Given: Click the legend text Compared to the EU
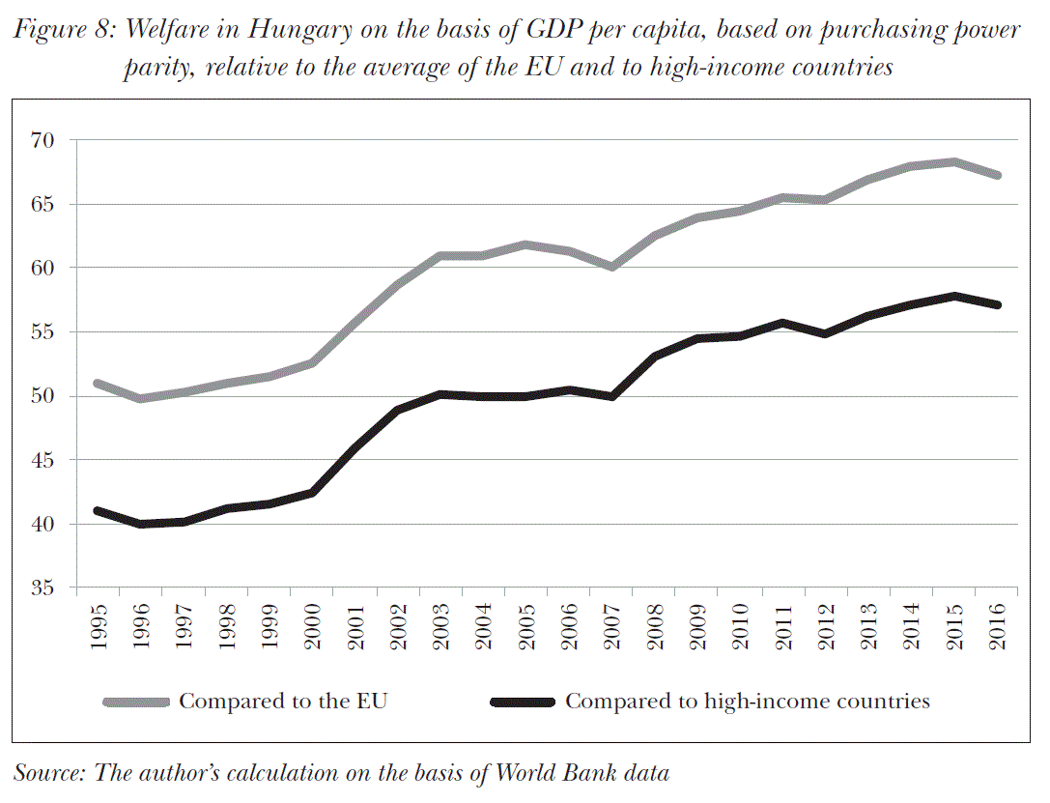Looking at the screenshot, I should click(x=283, y=702).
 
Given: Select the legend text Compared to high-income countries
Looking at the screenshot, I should click(x=747, y=702).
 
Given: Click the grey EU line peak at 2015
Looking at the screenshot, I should click(x=954, y=161).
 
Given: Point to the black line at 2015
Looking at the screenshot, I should click(x=954, y=296).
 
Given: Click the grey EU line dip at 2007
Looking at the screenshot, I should click(x=612, y=267).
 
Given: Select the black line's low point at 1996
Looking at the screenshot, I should click(x=141, y=524).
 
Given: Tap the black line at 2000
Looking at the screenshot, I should click(x=312, y=493).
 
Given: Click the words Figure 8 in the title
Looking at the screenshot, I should click(x=62, y=30).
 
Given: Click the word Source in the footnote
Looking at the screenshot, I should click(x=48, y=772).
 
